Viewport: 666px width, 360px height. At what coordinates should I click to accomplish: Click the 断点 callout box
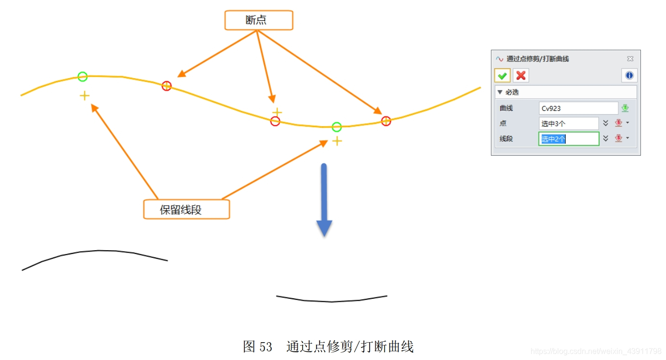pos(259,20)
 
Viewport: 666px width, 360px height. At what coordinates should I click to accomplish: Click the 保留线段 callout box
pos(186,210)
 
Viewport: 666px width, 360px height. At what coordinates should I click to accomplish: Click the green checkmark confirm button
pos(502,76)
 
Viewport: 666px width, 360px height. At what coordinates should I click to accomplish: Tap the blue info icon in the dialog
pos(629,76)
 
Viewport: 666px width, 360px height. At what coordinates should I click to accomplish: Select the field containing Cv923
pos(578,108)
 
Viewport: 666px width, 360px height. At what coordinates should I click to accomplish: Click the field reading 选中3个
pos(568,123)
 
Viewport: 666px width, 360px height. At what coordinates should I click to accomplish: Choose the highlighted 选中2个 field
pos(568,139)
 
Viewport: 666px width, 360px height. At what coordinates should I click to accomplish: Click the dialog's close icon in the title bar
pos(630,59)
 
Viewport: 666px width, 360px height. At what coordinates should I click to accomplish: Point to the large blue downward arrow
pos(324,200)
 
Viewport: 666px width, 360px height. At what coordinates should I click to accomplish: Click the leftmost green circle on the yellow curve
pos(82,76)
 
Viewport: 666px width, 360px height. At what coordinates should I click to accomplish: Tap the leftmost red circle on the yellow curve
pos(166,86)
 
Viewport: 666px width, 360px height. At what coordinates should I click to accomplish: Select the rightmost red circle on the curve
pos(386,121)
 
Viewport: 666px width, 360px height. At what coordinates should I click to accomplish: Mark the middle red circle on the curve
pos(275,121)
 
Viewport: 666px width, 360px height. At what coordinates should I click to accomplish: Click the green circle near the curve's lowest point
pos(337,127)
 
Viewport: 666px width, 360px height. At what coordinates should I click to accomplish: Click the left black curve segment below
pos(96,251)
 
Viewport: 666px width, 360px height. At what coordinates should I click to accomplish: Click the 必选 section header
pos(512,92)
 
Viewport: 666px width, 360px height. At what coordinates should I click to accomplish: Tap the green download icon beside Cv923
pos(625,108)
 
